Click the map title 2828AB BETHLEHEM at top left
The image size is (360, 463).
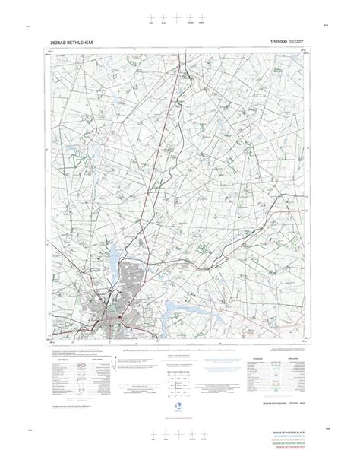tap(74, 43)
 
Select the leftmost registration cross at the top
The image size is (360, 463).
tap(153, 17)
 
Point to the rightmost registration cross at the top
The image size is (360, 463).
tap(203, 17)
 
